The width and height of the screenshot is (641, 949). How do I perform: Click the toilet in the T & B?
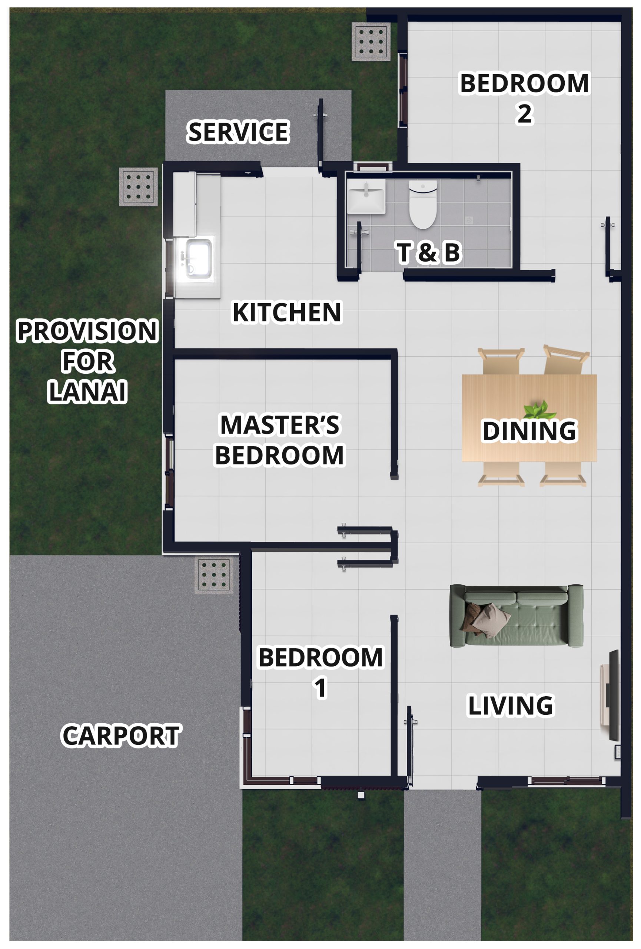tap(423, 204)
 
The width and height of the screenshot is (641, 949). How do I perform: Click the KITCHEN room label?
tap(286, 313)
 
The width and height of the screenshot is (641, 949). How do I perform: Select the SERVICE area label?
tap(238, 132)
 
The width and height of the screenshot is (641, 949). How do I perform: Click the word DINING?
tap(529, 431)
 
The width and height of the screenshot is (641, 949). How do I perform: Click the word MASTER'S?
tap(279, 425)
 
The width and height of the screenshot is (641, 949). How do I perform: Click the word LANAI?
tap(88, 391)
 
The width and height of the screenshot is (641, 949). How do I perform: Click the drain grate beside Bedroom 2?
tap(371, 42)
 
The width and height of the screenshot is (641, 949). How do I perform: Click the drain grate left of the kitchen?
tap(138, 186)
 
